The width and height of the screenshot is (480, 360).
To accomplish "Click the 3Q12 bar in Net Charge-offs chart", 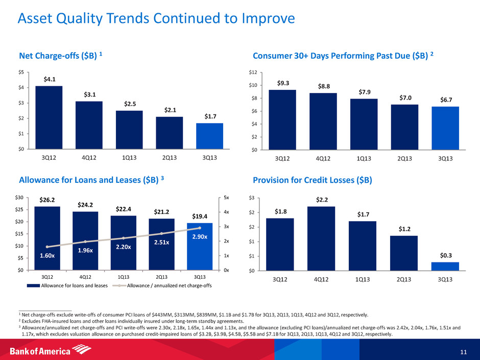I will (x=49, y=117).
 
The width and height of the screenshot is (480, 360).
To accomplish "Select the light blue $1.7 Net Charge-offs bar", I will (x=210, y=136).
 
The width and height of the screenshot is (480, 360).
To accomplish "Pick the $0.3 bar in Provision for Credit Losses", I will (x=445, y=266).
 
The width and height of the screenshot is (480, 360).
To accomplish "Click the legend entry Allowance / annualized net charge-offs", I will (x=169, y=285).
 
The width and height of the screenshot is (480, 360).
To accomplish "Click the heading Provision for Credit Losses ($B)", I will (x=311, y=181).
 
